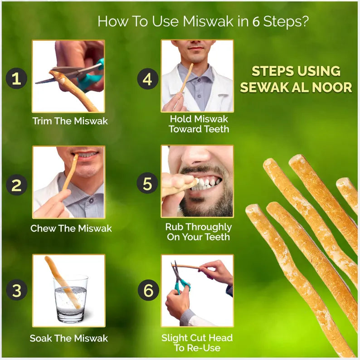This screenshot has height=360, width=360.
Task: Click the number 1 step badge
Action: [x=16, y=79]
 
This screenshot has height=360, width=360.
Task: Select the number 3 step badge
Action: [x=16, y=291]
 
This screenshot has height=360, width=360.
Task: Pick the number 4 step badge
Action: [x=147, y=79]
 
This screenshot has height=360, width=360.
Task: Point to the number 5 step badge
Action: [x=147, y=184]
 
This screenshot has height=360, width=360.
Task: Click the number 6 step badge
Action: [x=147, y=291]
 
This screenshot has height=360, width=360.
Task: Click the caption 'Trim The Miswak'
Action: [x=70, y=121]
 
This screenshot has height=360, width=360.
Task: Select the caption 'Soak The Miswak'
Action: [x=68, y=338]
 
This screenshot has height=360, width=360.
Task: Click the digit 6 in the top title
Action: [x=256, y=22]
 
